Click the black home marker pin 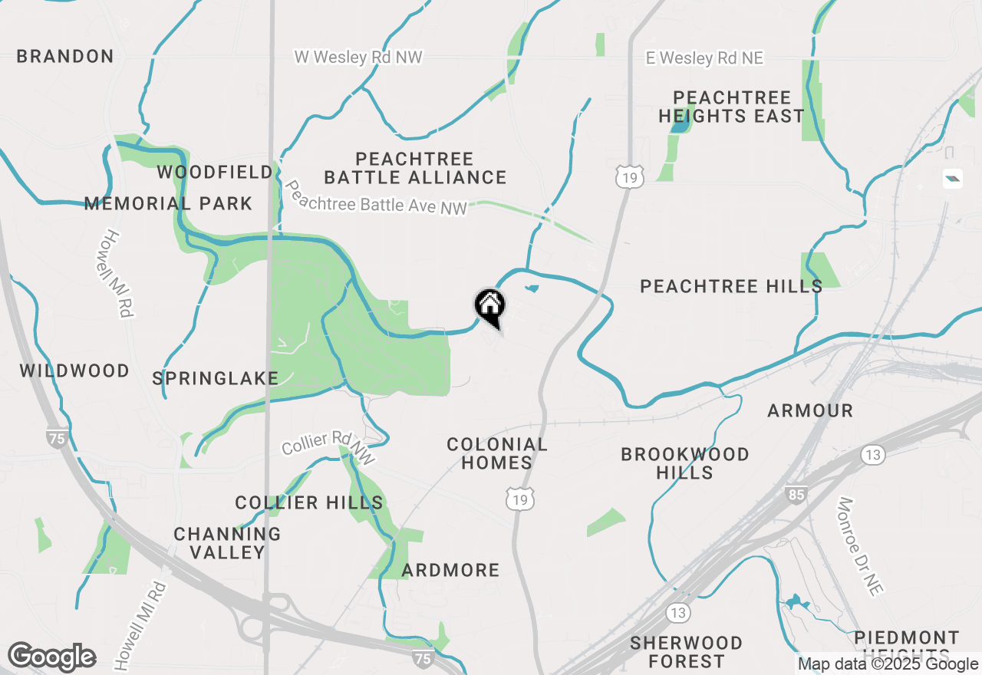pos(489,307)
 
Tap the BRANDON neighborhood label pos(65,56)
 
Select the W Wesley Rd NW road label pos(358,58)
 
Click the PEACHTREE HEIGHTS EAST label pos(732,107)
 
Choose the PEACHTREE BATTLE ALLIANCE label pos(415,168)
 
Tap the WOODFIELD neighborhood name pos(215,172)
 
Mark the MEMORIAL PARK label pos(168,203)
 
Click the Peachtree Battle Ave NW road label pos(375,197)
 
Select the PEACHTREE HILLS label pos(731,286)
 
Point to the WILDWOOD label pos(74,371)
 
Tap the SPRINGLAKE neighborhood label pos(216,378)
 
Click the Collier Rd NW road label pos(328,447)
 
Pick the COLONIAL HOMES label pos(497,453)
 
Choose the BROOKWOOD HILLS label pos(685,463)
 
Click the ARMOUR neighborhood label pos(810,411)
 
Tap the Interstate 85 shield pos(796,495)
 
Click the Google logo pos(51,657)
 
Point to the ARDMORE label pos(450,570)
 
